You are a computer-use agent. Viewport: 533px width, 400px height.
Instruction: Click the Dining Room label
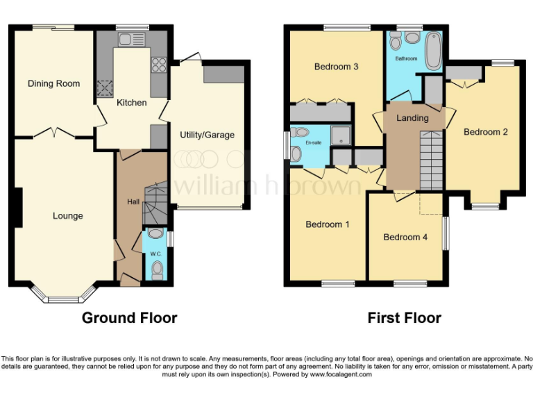[x=53, y=84]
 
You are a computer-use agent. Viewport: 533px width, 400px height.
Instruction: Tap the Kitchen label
[x=131, y=103]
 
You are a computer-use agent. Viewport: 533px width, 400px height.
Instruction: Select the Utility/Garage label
[x=207, y=135]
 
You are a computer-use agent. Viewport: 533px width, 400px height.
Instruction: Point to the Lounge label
[x=67, y=216]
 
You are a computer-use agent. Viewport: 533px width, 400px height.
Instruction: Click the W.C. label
[x=155, y=253]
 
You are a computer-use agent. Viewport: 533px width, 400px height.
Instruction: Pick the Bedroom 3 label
[x=336, y=67]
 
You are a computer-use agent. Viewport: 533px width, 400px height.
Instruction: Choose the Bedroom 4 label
[x=405, y=237]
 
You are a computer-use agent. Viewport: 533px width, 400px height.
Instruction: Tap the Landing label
[x=412, y=118]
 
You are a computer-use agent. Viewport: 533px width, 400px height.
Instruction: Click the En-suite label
[x=314, y=142]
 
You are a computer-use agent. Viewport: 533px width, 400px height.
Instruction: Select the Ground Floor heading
[x=129, y=318]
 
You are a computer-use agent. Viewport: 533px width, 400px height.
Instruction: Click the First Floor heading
[x=404, y=318]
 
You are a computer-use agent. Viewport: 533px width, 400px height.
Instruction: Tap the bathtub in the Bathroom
[x=433, y=51]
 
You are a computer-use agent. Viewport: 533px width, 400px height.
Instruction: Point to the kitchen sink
[x=106, y=87]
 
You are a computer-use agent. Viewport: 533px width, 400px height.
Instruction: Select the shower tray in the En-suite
[x=340, y=135]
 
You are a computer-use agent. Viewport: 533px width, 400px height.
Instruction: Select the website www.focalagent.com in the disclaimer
[x=341, y=374]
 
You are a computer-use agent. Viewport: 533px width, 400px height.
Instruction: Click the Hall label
[x=132, y=202]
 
